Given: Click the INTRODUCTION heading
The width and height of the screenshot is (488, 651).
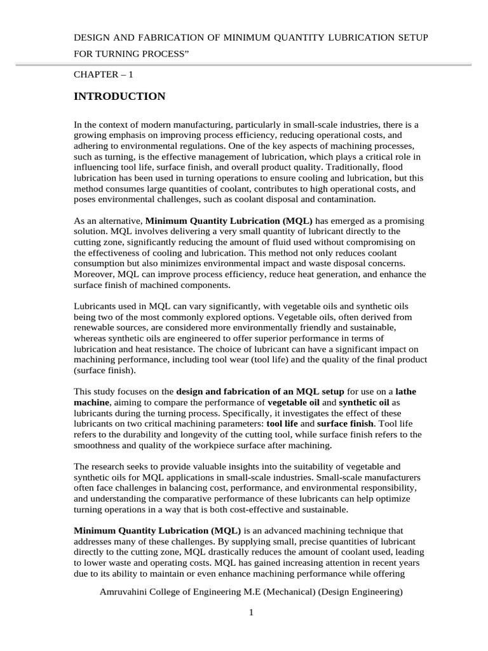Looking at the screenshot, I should pos(119,97).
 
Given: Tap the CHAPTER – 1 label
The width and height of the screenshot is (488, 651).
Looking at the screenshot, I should pos(104,74).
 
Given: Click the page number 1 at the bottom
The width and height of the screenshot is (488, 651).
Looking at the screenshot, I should pos(251,613).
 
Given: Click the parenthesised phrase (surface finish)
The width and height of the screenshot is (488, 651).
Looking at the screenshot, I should pos(105,370).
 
